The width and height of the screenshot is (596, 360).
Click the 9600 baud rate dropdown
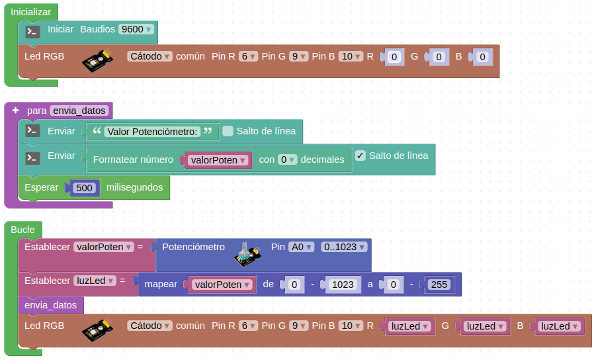[x=136, y=29]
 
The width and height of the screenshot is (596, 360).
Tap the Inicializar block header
[x=31, y=12]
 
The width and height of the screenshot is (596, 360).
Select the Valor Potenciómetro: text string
[x=152, y=132]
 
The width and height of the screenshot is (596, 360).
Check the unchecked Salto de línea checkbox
[x=228, y=131]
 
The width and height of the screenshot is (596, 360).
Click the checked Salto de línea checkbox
[x=361, y=156]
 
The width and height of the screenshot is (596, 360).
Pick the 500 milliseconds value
[x=84, y=188]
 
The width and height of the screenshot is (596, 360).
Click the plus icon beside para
[x=15, y=111]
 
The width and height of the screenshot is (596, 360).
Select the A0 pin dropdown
[x=302, y=247]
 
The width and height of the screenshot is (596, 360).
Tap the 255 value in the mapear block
[x=438, y=285]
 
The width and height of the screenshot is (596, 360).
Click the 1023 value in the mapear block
[x=342, y=285]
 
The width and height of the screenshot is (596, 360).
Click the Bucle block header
[x=23, y=229]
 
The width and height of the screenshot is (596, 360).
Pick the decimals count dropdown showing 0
[x=286, y=159]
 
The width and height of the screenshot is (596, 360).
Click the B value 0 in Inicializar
[x=482, y=58]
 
